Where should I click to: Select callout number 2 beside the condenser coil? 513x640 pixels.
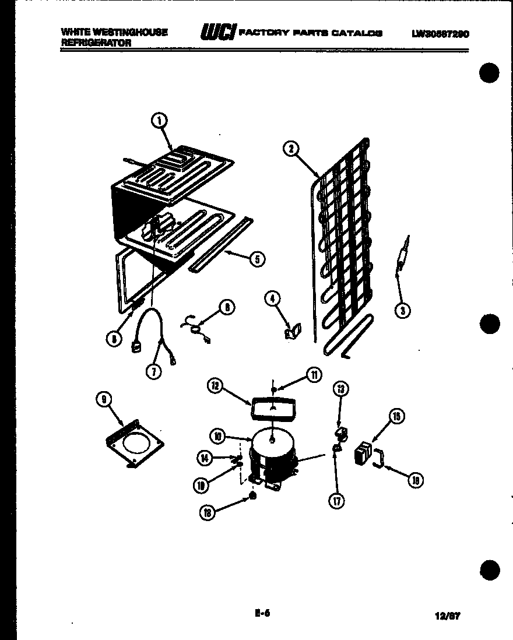point(290,149)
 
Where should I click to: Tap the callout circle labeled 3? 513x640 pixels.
point(401,310)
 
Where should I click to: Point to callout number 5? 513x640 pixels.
point(256,259)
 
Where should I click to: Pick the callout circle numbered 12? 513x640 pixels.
point(216,385)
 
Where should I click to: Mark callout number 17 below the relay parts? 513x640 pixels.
point(336,500)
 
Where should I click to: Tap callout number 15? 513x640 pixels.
point(397,416)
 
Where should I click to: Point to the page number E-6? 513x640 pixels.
point(263,613)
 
